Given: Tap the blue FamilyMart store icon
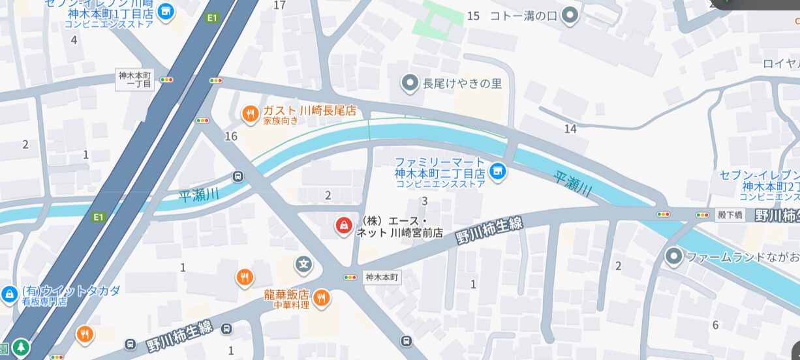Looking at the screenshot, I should pyautogui.click(x=498, y=172).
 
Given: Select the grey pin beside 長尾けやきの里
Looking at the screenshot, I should pyautogui.click(x=410, y=83).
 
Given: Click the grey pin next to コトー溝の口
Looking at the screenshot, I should pyautogui.click(x=571, y=15).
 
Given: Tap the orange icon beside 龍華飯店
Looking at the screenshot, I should pyautogui.click(x=321, y=299).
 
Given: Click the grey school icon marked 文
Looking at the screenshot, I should pyautogui.click(x=303, y=264).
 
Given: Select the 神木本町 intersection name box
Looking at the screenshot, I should pyautogui.click(x=382, y=277).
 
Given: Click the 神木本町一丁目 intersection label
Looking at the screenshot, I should pyautogui.click(x=135, y=79).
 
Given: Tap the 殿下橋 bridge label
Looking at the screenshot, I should pyautogui.click(x=730, y=215).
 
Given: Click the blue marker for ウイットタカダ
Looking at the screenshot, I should pyautogui.click(x=9, y=294).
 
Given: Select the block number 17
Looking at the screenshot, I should pyautogui.click(x=280, y=5).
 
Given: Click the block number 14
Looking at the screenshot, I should pyautogui.click(x=570, y=129).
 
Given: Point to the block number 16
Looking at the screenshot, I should pyautogui.click(x=230, y=136).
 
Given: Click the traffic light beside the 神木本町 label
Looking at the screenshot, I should pyautogui.click(x=350, y=277).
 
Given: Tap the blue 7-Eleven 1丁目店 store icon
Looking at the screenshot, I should pyautogui.click(x=166, y=11).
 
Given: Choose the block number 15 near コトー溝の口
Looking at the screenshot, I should pyautogui.click(x=473, y=16).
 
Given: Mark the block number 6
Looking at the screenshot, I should pyautogui.click(x=715, y=325).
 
